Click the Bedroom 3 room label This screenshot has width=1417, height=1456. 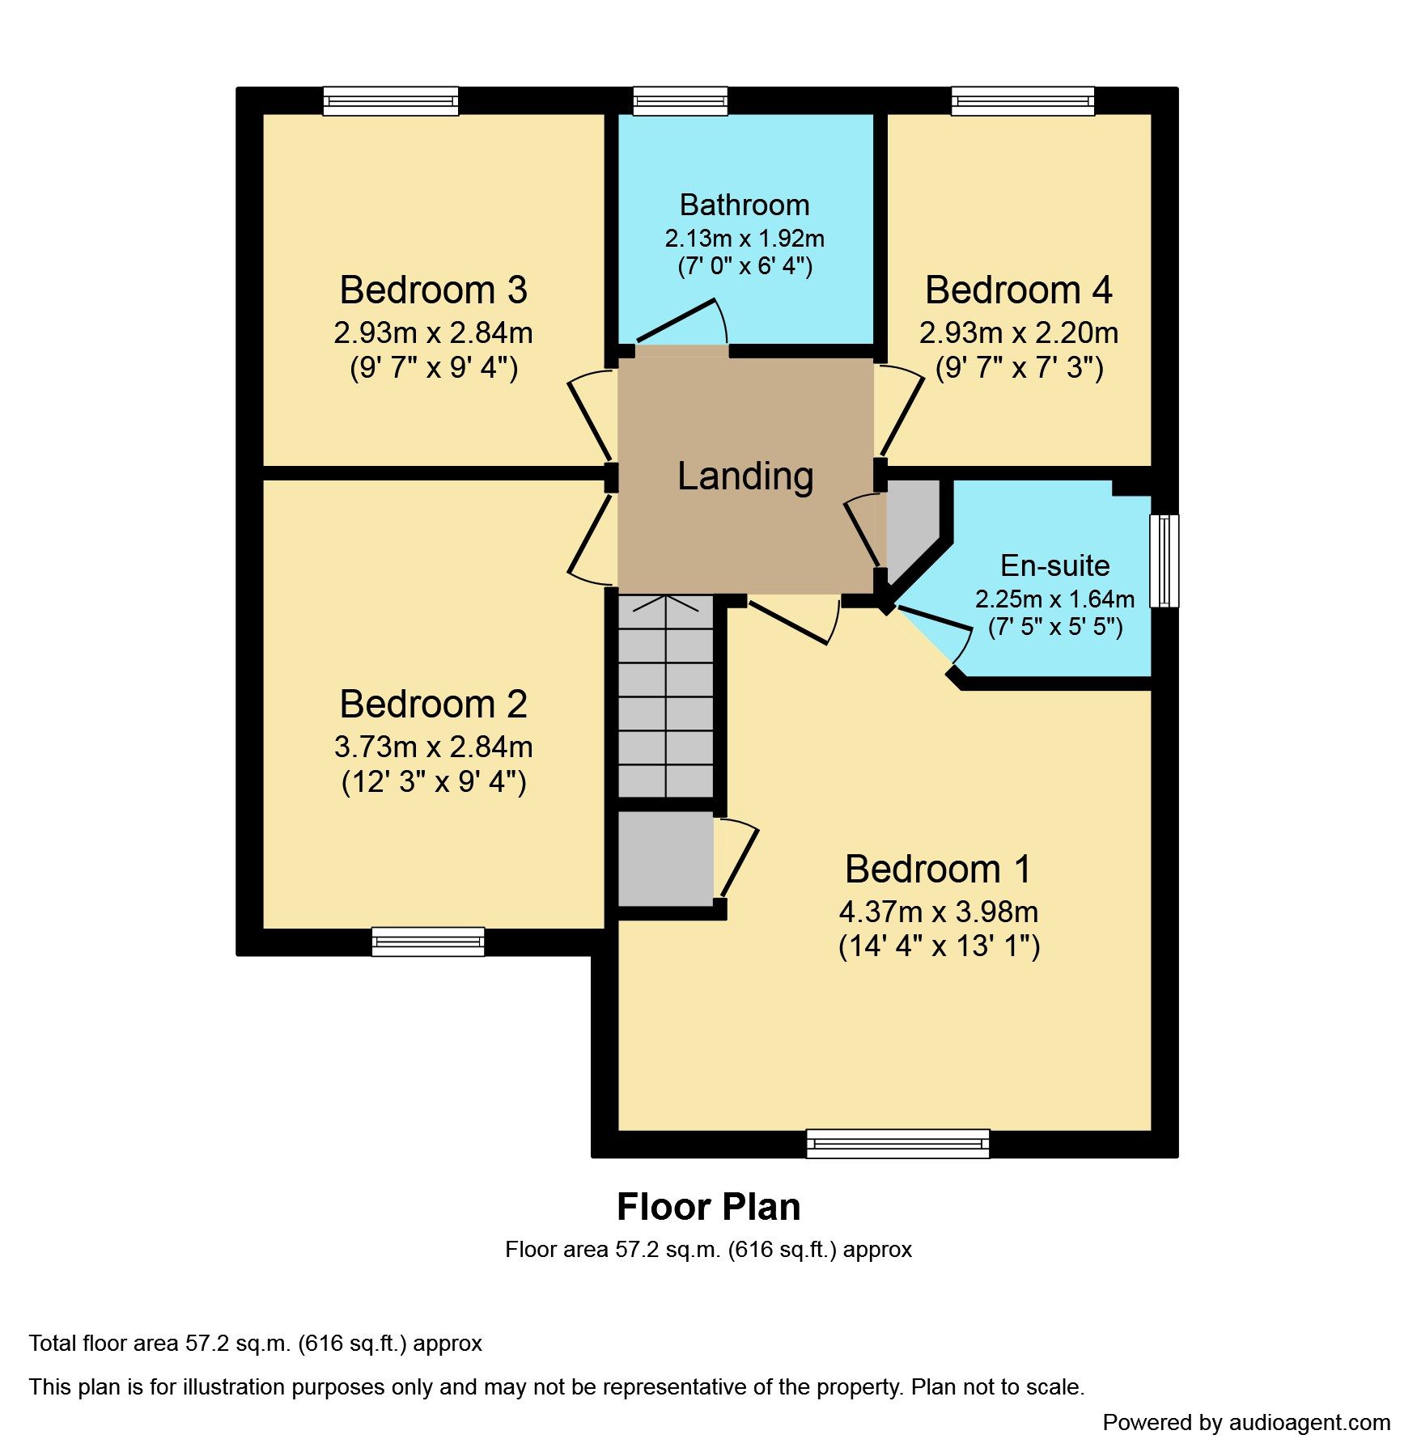coord(433,290)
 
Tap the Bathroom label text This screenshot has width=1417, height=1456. coord(744,205)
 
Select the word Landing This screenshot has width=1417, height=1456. coord(745,476)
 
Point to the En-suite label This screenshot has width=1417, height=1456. coord(1054,565)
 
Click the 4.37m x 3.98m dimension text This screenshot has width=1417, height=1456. coord(938,912)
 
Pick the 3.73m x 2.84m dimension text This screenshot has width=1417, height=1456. coord(433,746)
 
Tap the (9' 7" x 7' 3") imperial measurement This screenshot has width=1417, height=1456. coord(1019,368)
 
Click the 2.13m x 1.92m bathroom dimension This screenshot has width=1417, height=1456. coord(744,239)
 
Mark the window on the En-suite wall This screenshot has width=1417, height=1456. coord(1164,561)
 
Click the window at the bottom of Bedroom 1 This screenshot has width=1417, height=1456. coord(897,1143)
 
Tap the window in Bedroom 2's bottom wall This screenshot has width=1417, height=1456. coord(428,941)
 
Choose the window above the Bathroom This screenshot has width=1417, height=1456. coord(680,101)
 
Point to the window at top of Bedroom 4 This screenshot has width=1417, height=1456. coord(1022,101)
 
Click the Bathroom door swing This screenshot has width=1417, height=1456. coord(684,324)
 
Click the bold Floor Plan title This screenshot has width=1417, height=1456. coord(708,1207)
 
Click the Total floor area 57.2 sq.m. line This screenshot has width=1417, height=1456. coord(255,1344)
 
